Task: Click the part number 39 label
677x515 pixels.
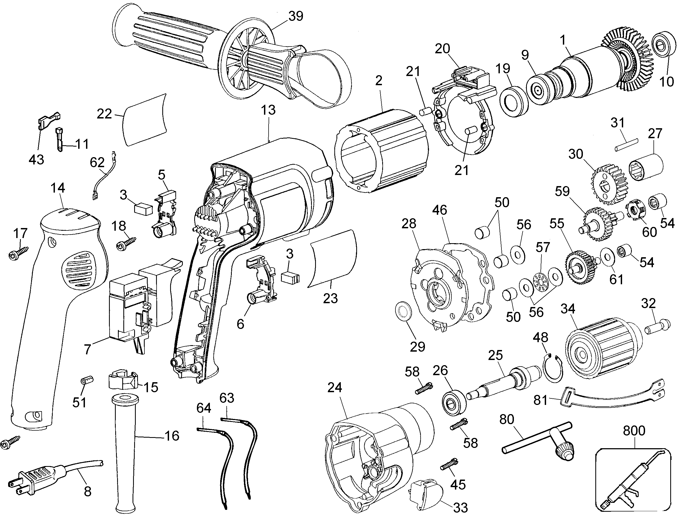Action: [x=295, y=16]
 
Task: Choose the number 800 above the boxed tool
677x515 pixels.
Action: [x=634, y=431]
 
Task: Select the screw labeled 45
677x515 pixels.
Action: [x=449, y=464]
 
